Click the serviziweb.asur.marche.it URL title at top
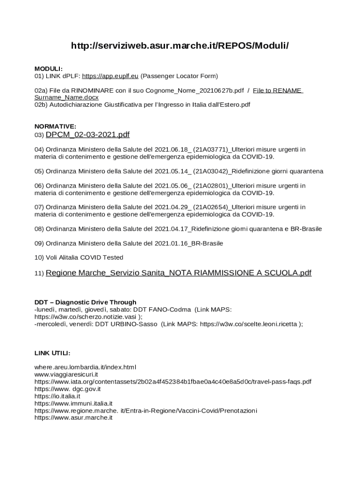tap(180, 46)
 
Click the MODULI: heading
tap(48, 69)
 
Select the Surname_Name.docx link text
tap(66, 97)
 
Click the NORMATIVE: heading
tap(55, 126)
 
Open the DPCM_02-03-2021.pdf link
tap(87, 135)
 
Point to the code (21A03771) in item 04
tap(210, 149)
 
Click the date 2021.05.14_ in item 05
tap(173, 171)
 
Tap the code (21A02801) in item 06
tap(210, 186)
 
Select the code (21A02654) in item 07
tap(210, 207)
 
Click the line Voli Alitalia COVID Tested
tap(79, 257)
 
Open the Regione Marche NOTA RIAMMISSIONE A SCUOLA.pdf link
tap(179, 273)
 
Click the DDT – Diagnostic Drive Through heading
tap(86, 302)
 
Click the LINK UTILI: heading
tap(52, 352)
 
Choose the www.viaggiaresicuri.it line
tap(66, 374)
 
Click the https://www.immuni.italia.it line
tap(73, 403)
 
